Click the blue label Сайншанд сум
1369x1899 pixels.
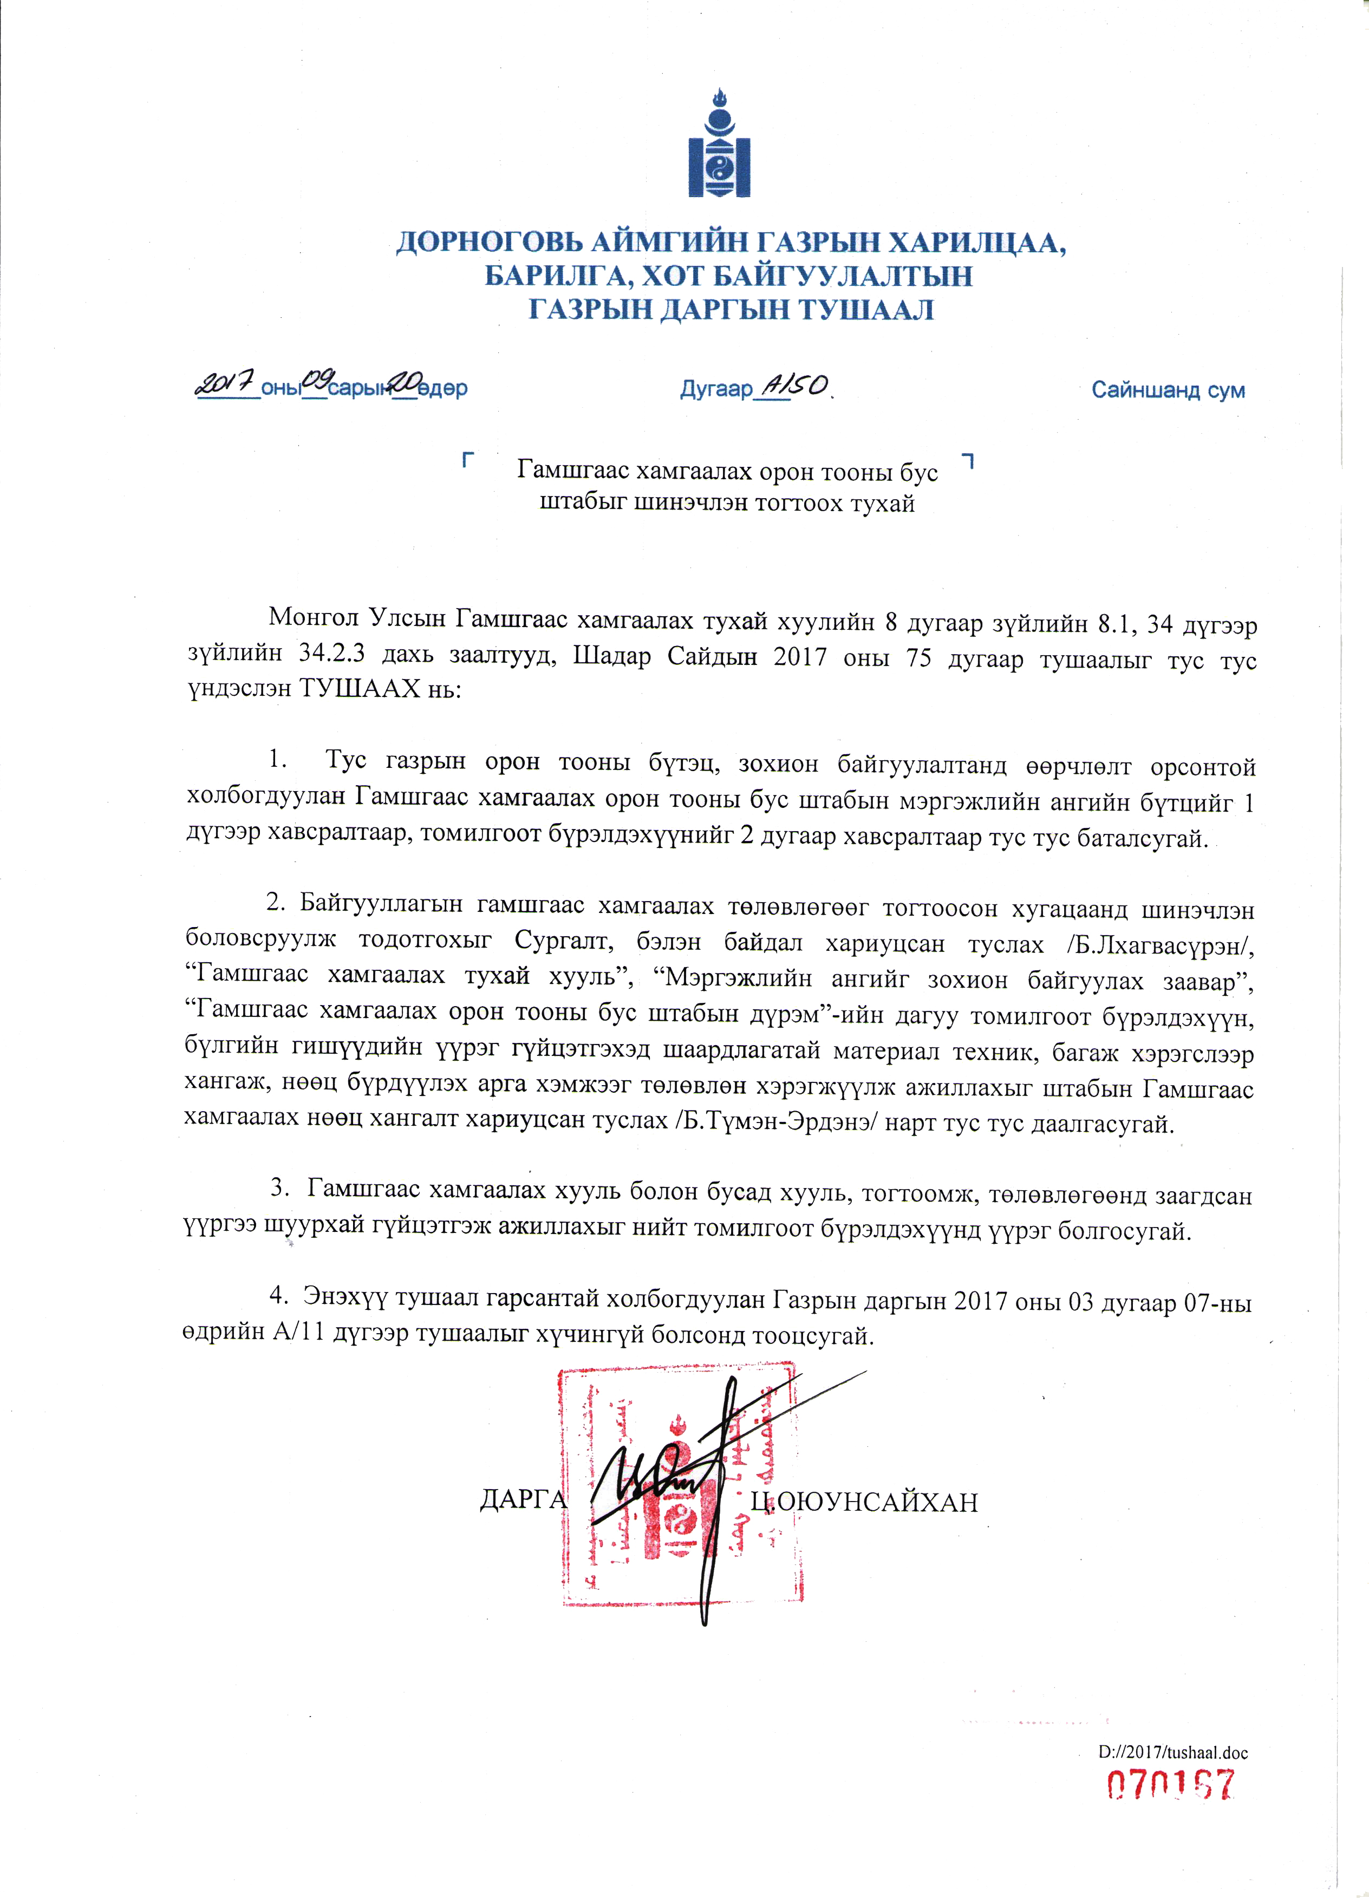[1167, 390]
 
